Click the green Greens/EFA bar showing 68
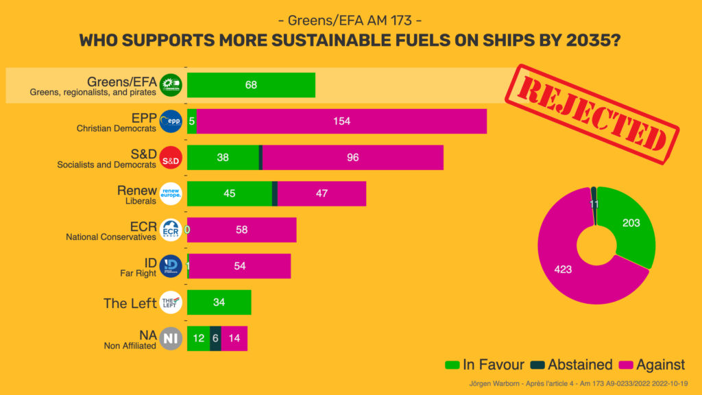tap(251, 85)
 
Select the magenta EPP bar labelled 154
tap(341, 121)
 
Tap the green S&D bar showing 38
tap(223, 158)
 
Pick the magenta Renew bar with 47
tap(322, 193)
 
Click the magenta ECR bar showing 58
tap(241, 230)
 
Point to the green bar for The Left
tap(219, 302)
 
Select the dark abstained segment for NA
tap(215, 338)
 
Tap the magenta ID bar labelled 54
tap(240, 266)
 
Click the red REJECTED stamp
tap(592, 114)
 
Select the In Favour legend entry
tap(485, 365)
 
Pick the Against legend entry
tap(652, 365)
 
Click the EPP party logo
tap(171, 121)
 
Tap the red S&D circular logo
tap(171, 158)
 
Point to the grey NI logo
tap(171, 338)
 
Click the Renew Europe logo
tap(171, 193)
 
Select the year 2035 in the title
tap(583, 40)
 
